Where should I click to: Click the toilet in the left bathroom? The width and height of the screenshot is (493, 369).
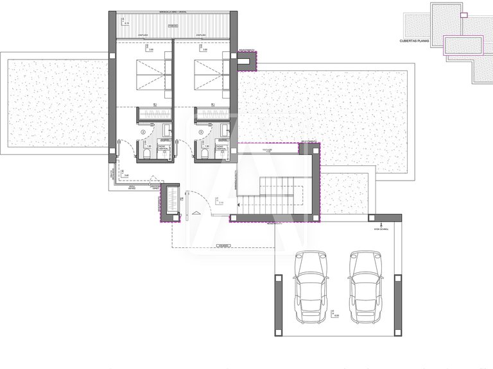click(x=147, y=154)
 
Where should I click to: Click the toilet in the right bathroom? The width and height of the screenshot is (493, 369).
click(x=205, y=154)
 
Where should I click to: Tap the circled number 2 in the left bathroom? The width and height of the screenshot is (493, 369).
click(x=143, y=133)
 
